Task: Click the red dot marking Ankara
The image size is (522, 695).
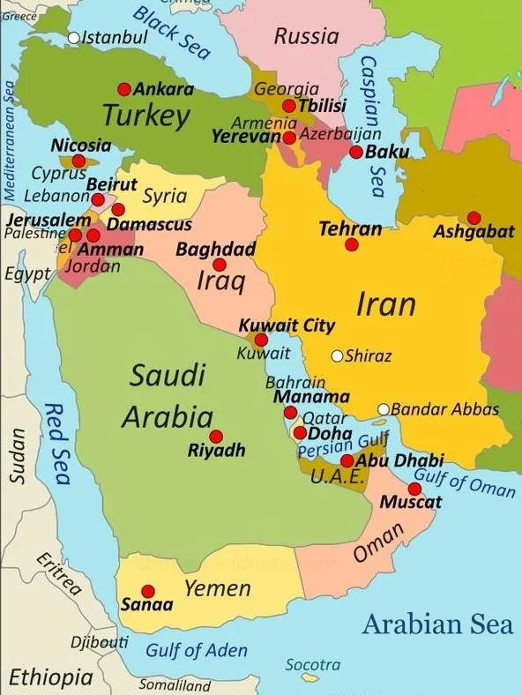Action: [124, 89]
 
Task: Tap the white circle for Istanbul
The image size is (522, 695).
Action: [74, 38]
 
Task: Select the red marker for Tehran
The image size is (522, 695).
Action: [352, 244]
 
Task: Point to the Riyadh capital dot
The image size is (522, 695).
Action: [216, 437]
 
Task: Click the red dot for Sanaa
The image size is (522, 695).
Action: [148, 591]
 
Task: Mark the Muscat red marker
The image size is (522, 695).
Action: [414, 489]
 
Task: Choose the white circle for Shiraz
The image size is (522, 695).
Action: [337, 356]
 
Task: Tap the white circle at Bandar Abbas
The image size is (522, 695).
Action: [384, 409]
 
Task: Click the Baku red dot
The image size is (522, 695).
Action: [356, 152]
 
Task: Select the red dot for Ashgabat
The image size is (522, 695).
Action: [474, 218]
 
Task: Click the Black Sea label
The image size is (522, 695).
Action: [173, 33]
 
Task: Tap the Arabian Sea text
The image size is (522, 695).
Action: [437, 624]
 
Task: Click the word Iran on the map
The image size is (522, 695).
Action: [385, 304]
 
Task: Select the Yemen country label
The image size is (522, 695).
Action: [217, 588]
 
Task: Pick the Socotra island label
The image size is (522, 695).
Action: [313, 664]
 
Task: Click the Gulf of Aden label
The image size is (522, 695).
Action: [197, 650]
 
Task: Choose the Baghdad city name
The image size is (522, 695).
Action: [215, 250]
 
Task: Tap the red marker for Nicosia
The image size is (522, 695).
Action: [78, 161]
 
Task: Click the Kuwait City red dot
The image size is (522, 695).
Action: [261, 340]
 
